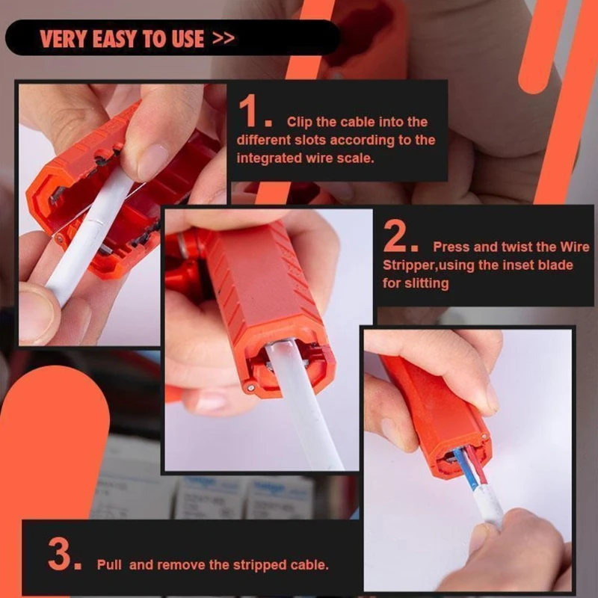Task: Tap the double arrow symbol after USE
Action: pos(223,38)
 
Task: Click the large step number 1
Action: pos(249,111)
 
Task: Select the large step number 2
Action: pos(395,235)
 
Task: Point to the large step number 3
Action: pos(60,553)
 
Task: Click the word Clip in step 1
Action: pos(300,122)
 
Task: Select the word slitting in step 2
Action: pos(426,283)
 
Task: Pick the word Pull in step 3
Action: pos(109,564)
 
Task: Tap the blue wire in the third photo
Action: pos(463,469)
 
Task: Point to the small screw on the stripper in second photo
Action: pos(250,388)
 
